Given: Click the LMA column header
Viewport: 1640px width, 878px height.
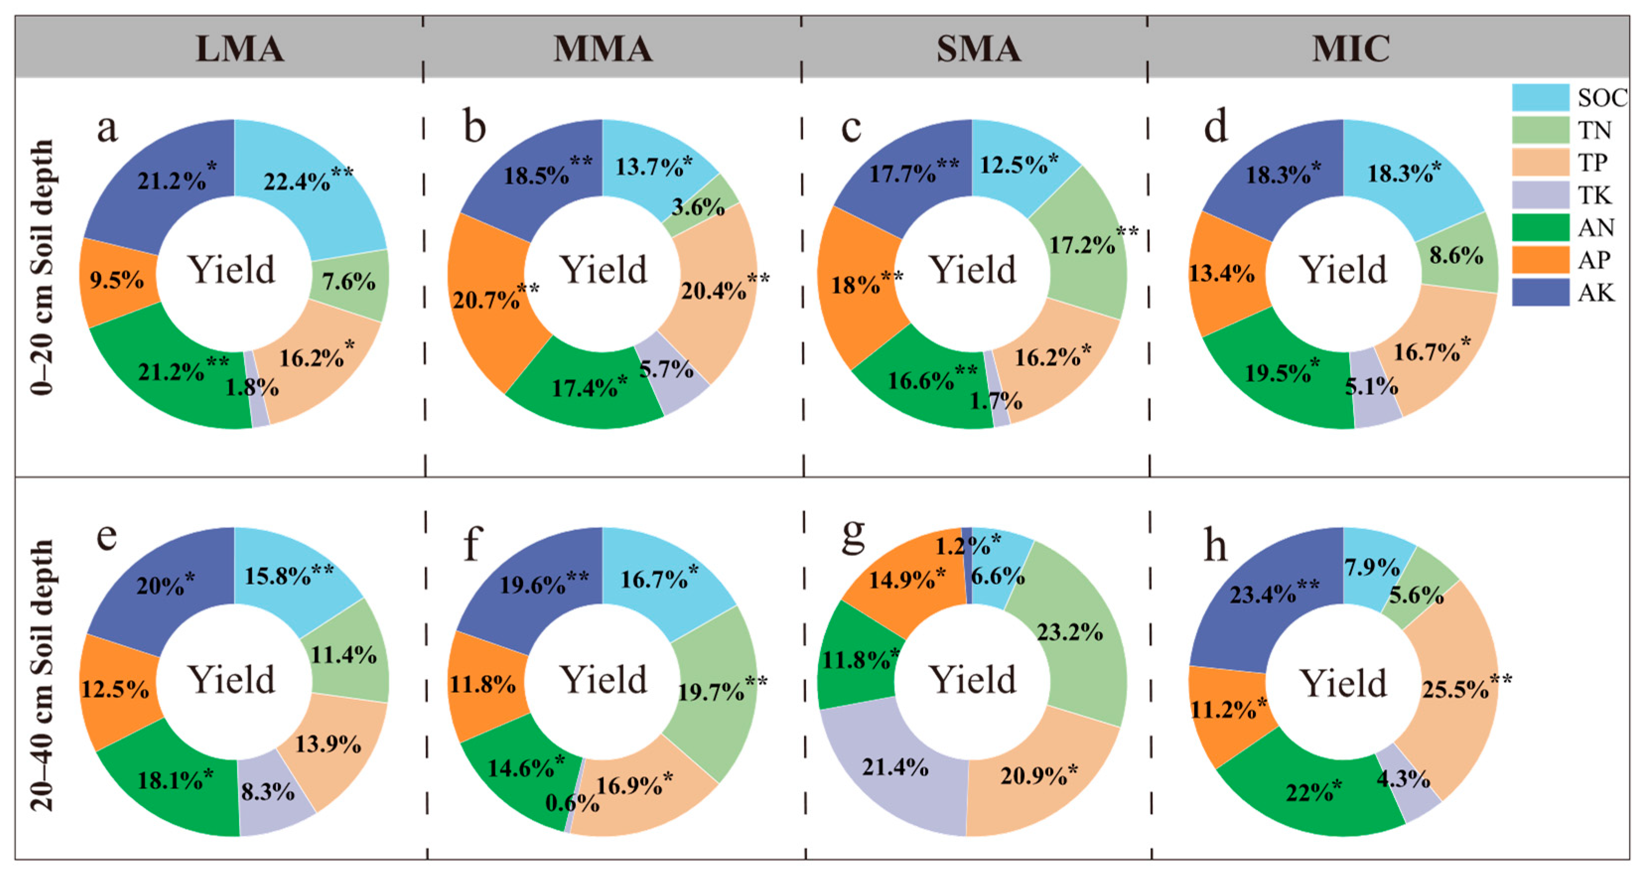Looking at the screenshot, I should coord(239,48).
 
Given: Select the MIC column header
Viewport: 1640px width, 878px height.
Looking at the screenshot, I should coord(1350,48).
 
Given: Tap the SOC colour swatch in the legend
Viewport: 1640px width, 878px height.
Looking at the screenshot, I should coord(1540,97).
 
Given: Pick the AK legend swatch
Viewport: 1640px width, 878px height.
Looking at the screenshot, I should coord(1540,292).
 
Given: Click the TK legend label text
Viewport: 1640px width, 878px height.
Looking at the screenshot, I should coord(1593,196).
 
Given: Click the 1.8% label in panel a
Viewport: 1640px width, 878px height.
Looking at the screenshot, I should coord(252,387).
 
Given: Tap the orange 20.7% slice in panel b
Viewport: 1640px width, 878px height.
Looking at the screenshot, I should coord(487,299).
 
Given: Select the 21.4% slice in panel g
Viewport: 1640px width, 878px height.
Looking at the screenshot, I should coord(894,767).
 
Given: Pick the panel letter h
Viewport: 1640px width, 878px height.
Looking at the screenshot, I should coord(1215,545).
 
